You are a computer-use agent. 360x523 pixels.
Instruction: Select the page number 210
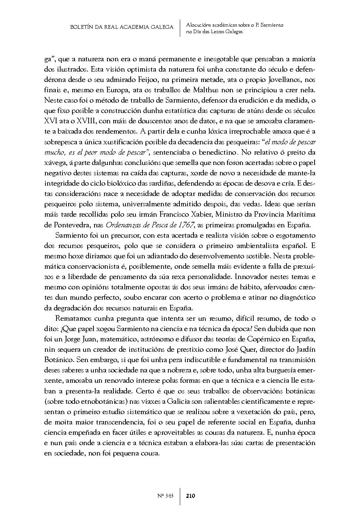point(191,496)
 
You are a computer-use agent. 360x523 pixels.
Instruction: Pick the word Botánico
point(56,359)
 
